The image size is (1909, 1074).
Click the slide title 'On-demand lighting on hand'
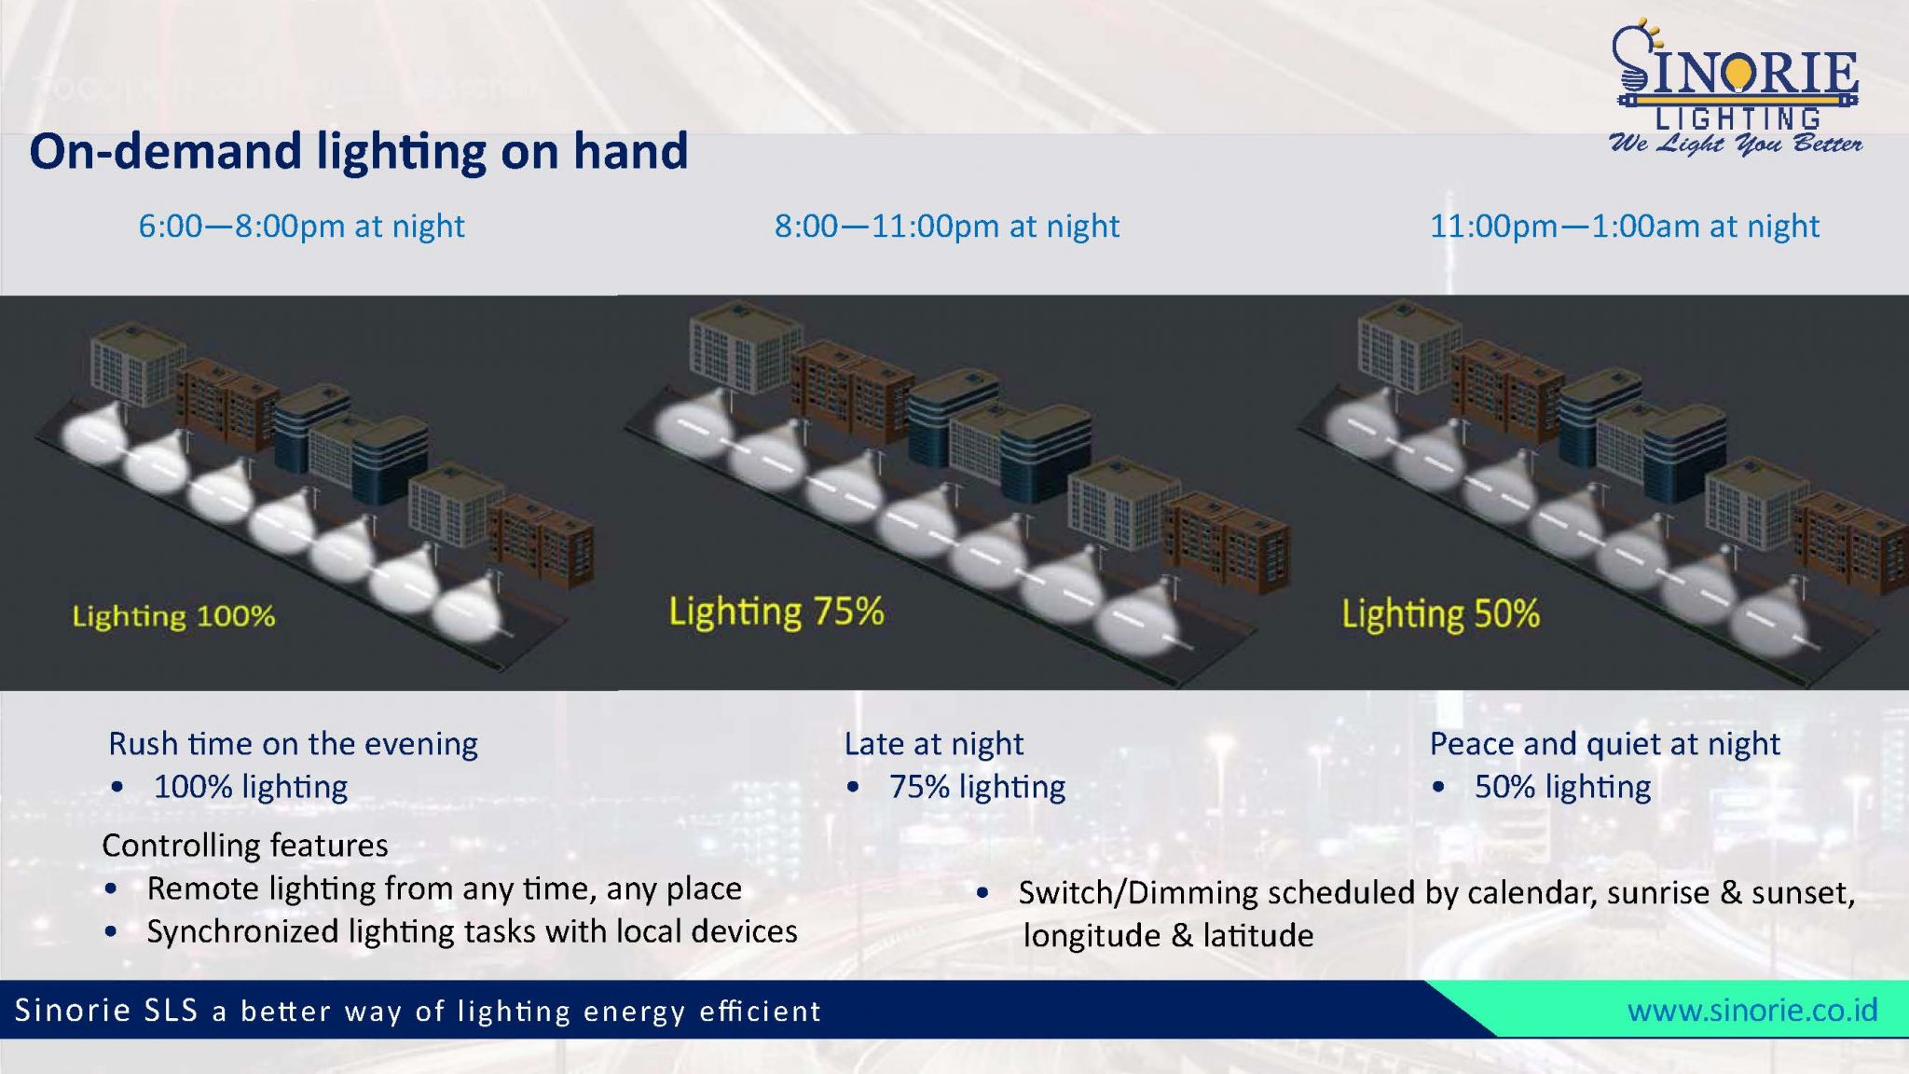tap(359, 151)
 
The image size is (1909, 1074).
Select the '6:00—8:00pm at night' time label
tap(301, 227)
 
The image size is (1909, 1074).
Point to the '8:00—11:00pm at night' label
tap(947, 227)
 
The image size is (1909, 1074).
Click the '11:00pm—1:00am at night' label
tap(1625, 227)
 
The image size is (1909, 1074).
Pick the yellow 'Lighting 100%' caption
tap(174, 616)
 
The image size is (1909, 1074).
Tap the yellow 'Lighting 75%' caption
tap(776, 613)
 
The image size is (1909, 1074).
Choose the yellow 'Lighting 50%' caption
tap(1441, 614)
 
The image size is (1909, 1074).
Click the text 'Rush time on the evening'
tap(293, 744)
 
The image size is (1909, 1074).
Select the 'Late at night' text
tap(934, 744)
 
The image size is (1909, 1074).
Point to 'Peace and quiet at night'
tap(1605, 744)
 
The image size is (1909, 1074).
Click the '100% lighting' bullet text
tap(251, 787)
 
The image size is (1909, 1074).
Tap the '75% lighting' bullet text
tap(977, 787)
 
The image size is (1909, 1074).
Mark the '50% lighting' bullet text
tap(1563, 787)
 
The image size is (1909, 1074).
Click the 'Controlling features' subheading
tap(245, 846)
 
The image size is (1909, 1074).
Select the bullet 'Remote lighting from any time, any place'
tap(445, 888)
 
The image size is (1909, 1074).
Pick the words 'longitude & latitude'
tap(1169, 935)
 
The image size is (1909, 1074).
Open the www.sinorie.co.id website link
tap(1752, 1011)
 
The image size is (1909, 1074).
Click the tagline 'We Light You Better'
tap(1736, 144)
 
